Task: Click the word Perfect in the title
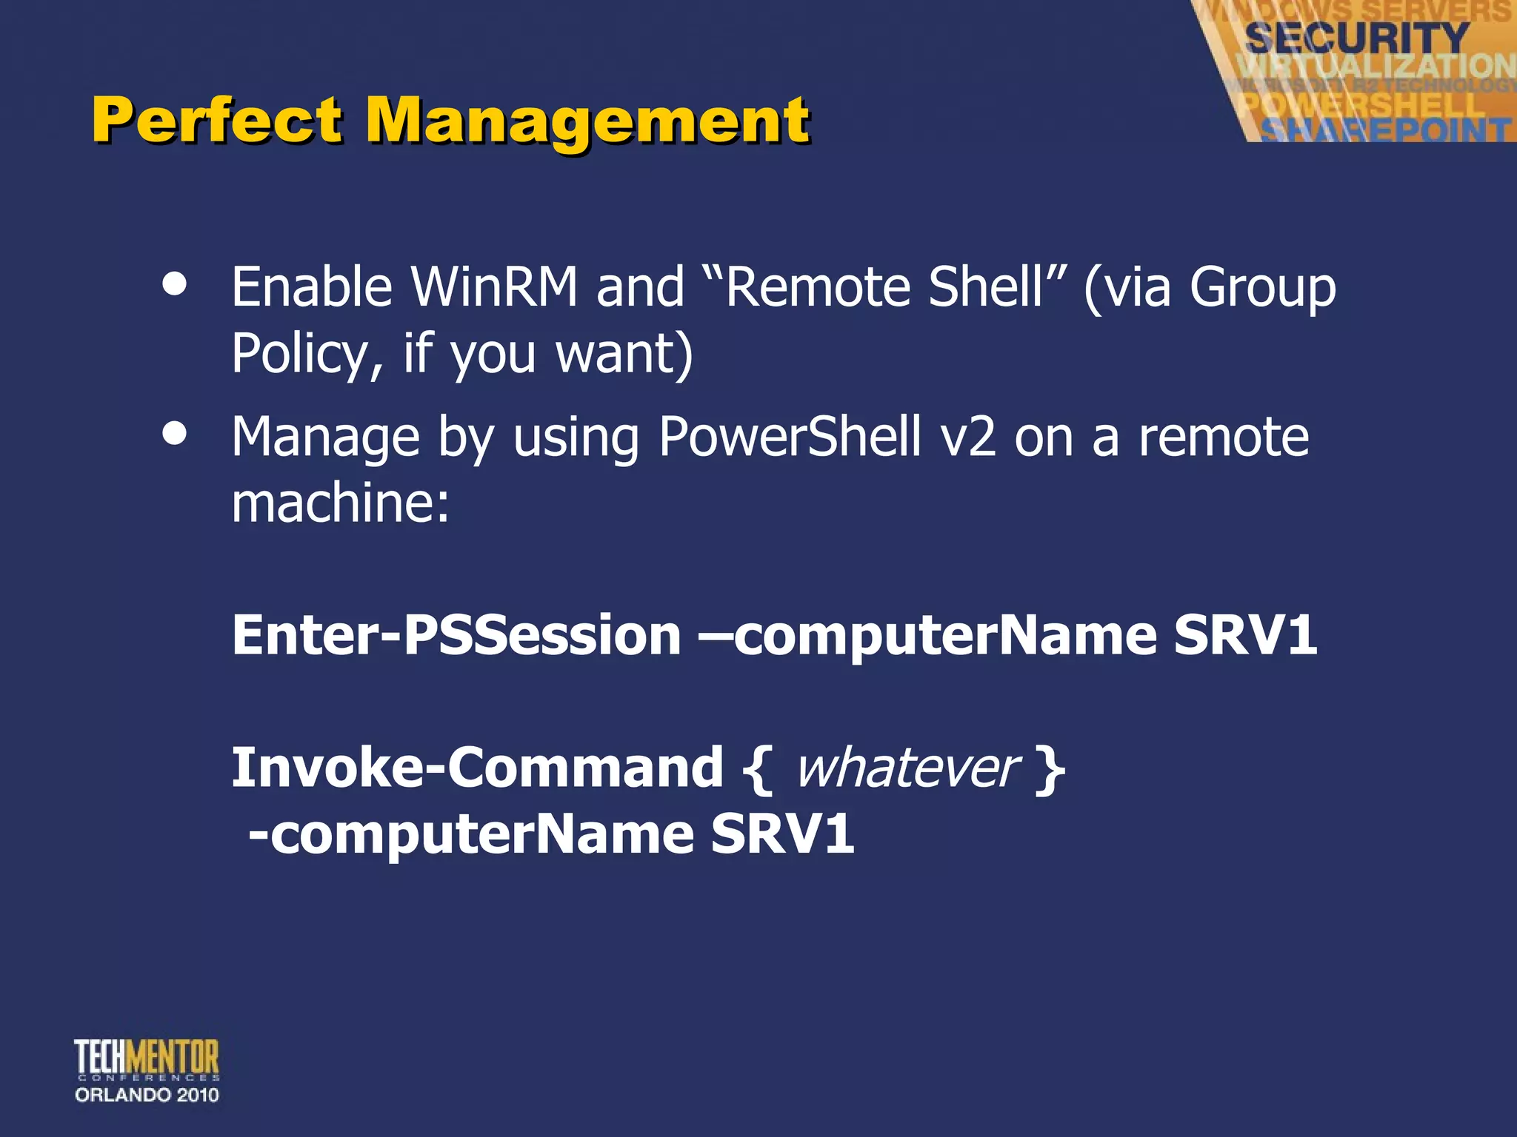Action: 216,120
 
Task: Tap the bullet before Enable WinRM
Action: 175,285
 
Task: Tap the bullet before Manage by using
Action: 175,435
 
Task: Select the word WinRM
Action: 494,287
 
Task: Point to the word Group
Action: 1262,289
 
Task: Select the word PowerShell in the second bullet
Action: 790,437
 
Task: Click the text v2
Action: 967,438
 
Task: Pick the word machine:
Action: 340,503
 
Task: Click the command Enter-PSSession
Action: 456,635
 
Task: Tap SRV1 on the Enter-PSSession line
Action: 1244,635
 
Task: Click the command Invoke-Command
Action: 477,768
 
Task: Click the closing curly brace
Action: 1050,770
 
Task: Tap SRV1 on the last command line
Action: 782,834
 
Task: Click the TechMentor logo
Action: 147,1059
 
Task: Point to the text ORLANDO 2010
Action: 147,1095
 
